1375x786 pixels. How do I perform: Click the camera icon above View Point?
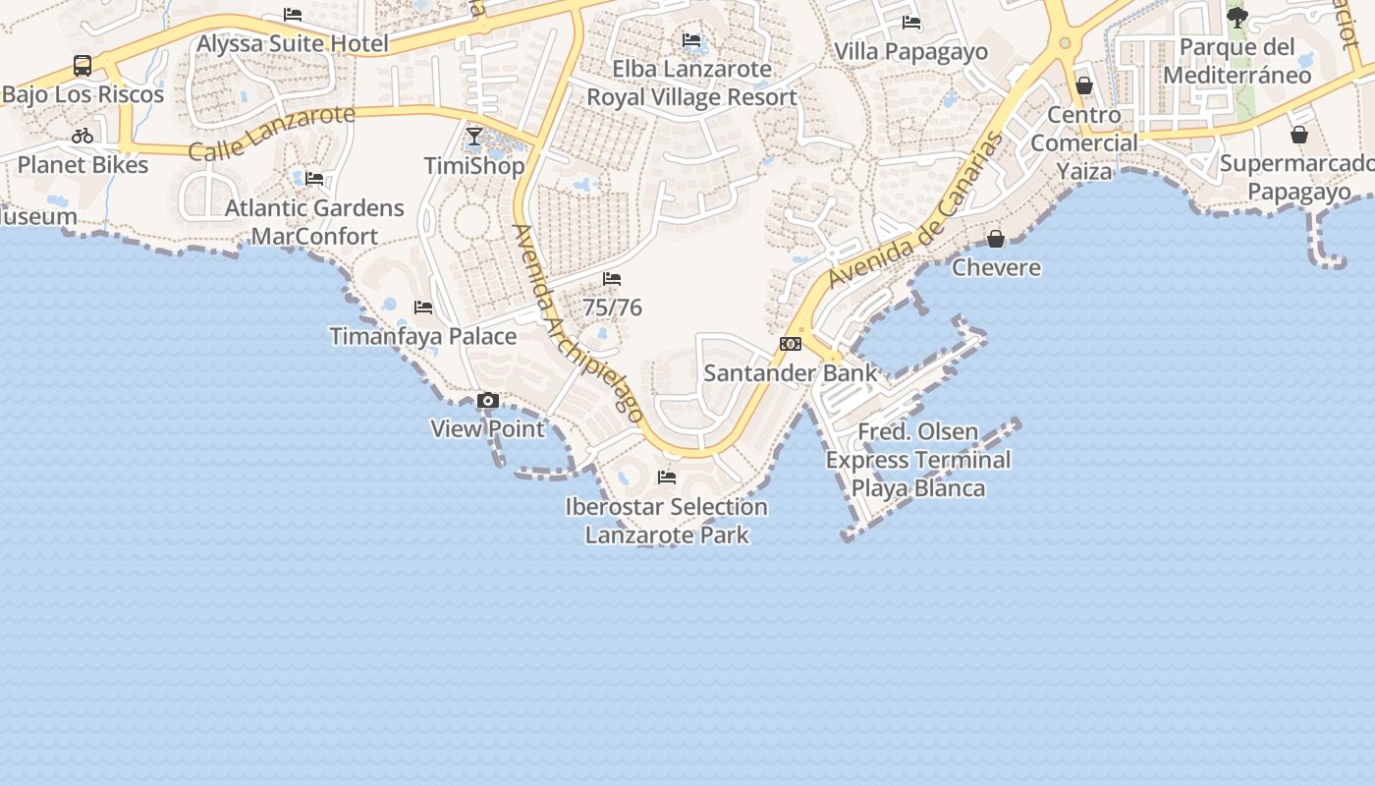tap(487, 401)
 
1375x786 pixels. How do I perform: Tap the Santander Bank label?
tap(791, 373)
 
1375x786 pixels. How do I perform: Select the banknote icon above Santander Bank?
tap(791, 344)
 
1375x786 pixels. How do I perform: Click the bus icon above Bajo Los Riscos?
tap(82, 66)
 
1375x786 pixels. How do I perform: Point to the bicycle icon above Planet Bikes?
tap(82, 136)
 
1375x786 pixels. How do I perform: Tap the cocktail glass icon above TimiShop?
tap(474, 137)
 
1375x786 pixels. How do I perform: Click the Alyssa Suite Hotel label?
tap(293, 43)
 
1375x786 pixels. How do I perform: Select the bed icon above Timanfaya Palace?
tap(423, 308)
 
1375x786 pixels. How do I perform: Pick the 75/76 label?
tap(613, 308)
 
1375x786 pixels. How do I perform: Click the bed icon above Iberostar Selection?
tap(667, 477)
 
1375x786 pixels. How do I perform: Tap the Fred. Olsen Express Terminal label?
tap(918, 460)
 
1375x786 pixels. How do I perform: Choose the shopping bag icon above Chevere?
tap(996, 239)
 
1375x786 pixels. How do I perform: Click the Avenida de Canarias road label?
tap(918, 210)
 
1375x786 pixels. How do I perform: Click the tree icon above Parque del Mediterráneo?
tap(1237, 18)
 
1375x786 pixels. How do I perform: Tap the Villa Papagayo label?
tap(910, 51)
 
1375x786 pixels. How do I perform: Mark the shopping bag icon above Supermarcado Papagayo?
tap(1299, 135)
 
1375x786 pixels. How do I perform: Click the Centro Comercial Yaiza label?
tap(1084, 143)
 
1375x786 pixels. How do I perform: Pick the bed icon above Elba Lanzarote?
tap(691, 40)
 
